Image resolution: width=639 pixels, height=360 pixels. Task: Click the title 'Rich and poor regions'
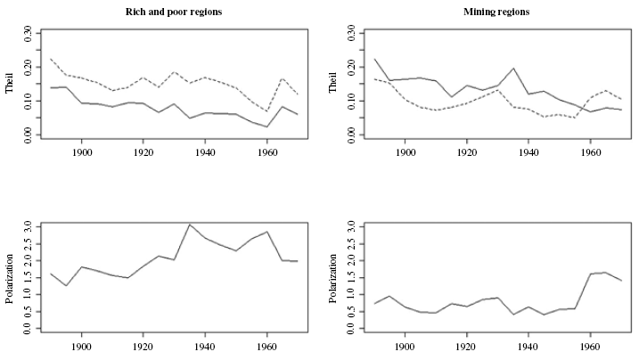coord(175,12)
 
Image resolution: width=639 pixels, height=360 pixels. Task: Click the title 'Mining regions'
coord(498,12)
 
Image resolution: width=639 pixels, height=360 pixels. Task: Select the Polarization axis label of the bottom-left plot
coord(12,277)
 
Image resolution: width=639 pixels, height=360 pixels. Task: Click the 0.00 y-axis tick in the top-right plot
coord(350,135)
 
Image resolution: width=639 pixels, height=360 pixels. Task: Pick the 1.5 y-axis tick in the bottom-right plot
coord(350,277)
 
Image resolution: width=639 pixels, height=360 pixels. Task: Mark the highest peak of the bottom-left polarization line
coord(190,225)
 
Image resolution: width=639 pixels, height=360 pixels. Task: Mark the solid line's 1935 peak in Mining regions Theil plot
coord(513,69)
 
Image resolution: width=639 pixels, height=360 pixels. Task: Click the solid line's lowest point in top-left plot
coord(267,127)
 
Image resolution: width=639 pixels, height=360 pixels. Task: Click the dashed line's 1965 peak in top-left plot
coord(283,78)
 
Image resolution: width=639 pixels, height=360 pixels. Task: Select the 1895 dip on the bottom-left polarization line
coord(67,285)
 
